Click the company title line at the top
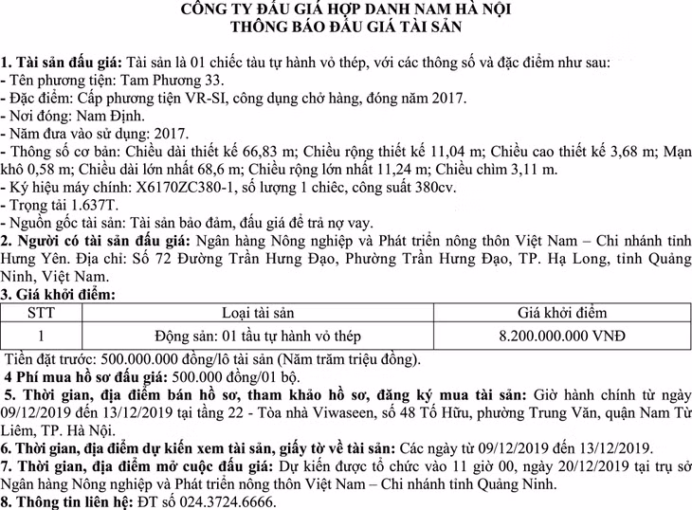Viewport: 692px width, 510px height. [x=346, y=9]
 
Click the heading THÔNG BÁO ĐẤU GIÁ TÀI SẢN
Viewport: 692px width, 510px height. [x=346, y=27]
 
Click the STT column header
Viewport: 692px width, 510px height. [x=41, y=313]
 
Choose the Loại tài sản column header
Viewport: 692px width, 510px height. [x=258, y=313]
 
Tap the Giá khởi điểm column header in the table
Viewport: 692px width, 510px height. [x=562, y=313]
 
